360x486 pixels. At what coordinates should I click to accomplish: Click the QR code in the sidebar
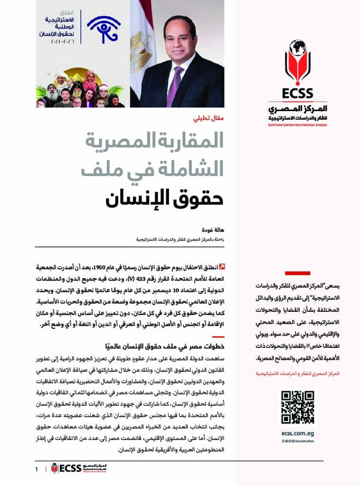pyautogui.click(x=297, y=407)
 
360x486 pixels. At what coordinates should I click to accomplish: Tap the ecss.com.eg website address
pyautogui.click(x=297, y=433)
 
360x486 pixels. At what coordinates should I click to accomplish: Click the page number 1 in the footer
pyautogui.click(x=36, y=470)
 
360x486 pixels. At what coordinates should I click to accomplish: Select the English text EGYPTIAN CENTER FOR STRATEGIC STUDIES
pyautogui.click(x=297, y=125)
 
